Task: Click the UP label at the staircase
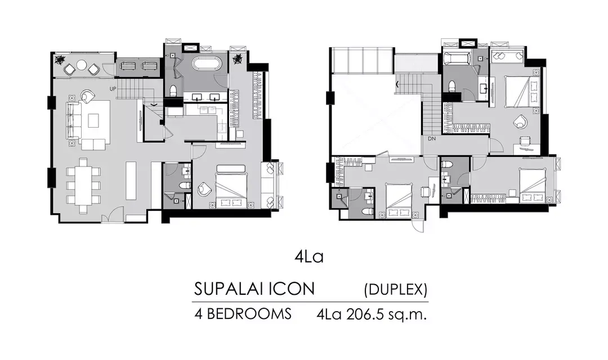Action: click(x=113, y=89)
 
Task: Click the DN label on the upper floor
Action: click(x=432, y=138)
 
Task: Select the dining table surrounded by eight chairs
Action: click(x=83, y=185)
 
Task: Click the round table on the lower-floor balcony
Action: click(x=82, y=65)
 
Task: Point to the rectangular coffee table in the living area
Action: click(x=93, y=120)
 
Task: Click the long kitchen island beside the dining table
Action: click(x=131, y=181)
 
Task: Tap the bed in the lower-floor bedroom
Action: click(x=231, y=186)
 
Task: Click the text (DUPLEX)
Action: click(x=396, y=289)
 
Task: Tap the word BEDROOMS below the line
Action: click(x=249, y=313)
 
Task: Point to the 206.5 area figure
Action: click(x=366, y=314)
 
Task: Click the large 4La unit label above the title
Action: click(x=309, y=256)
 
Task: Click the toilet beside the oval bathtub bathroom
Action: click(x=174, y=91)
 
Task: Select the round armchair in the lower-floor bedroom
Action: click(x=203, y=189)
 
